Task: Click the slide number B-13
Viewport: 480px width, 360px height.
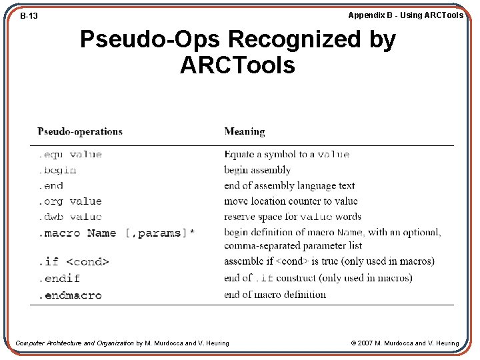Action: tap(29, 15)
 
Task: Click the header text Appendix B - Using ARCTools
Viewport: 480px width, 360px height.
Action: tap(405, 15)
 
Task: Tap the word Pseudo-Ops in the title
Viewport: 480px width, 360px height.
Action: tap(151, 40)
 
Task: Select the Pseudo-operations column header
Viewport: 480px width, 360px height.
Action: tap(80, 131)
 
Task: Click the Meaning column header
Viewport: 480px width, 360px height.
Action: tap(245, 131)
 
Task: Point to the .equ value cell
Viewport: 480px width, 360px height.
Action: tap(70, 155)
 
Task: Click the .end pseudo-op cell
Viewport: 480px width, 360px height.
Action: tap(51, 186)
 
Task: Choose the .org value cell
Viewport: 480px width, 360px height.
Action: tap(70, 201)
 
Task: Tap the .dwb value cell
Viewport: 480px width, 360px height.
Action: tap(70, 217)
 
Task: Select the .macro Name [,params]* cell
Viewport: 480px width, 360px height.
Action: tap(116, 233)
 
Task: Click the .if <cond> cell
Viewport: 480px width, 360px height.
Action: tap(73, 261)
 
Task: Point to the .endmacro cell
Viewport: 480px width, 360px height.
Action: tap(70, 295)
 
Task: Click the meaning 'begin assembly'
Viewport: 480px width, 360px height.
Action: tap(257, 170)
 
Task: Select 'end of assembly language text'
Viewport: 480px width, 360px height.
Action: tap(289, 186)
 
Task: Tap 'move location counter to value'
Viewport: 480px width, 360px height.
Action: tap(291, 201)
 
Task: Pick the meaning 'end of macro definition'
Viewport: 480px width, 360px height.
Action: tap(275, 295)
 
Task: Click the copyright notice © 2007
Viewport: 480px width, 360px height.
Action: tap(405, 343)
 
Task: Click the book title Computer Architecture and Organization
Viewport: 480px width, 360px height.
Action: tap(75, 343)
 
